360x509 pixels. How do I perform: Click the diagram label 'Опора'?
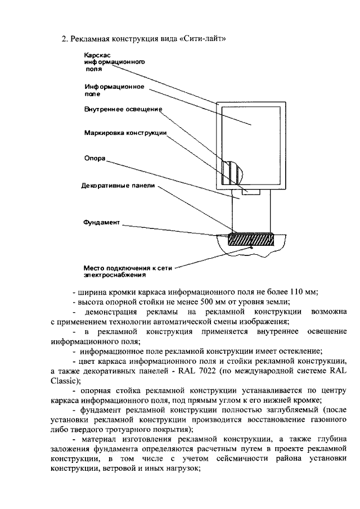tap(94, 159)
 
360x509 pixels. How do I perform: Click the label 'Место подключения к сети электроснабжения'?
tap(123, 272)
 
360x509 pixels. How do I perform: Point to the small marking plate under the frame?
tap(250, 193)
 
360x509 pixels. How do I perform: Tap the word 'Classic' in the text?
tap(65, 380)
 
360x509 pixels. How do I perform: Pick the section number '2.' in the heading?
tap(64, 38)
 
